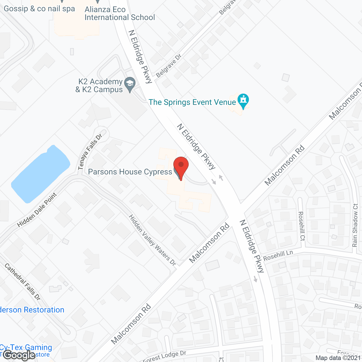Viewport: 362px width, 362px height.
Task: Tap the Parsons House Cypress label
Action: pyautogui.click(x=130, y=172)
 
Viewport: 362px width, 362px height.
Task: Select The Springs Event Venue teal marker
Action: pyautogui.click(x=243, y=100)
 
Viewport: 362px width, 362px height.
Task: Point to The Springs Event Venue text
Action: pyautogui.click(x=192, y=102)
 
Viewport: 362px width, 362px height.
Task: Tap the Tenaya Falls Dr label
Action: pyautogui.click(x=90, y=152)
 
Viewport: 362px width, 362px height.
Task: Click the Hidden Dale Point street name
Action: pyautogui.click(x=37, y=210)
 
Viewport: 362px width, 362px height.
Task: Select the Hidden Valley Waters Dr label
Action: pyautogui.click(x=152, y=240)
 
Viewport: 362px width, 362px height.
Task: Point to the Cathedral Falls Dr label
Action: pyautogui.click(x=23, y=282)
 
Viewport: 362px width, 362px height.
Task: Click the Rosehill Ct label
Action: pyautogui.click(x=301, y=226)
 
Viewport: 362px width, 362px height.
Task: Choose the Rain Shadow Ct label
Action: pyautogui.click(x=355, y=225)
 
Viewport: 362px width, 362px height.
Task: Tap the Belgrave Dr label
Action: pyautogui.click(x=169, y=66)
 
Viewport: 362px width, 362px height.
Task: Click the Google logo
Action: pyautogui.click(x=19, y=355)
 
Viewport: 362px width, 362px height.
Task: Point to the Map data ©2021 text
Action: pyautogui.click(x=338, y=358)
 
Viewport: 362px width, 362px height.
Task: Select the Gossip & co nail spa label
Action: pyautogui.click(x=39, y=9)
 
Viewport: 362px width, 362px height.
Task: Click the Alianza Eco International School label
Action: pyautogui.click(x=120, y=14)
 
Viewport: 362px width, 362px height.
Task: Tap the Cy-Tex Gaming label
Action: pyautogui.click(x=26, y=347)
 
